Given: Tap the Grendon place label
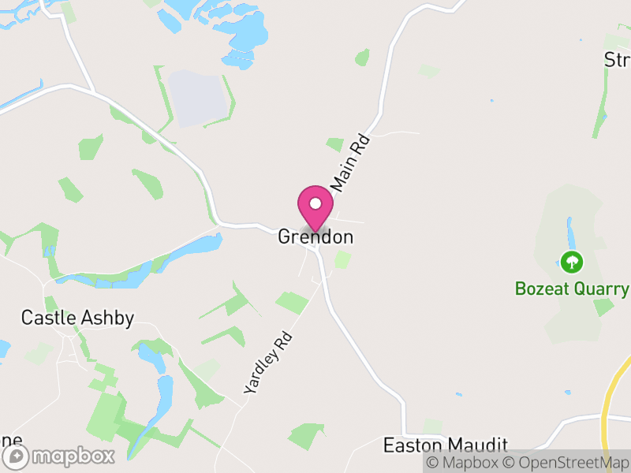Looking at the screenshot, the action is coord(315,237).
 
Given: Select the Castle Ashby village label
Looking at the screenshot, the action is coord(77,318).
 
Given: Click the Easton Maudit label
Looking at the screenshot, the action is coord(445,445).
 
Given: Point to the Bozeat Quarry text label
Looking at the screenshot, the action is coord(572,289).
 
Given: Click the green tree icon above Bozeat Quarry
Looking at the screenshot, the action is coord(571,261).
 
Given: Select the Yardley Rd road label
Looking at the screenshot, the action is coord(268,363).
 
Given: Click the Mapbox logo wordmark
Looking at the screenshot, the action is coord(73,456).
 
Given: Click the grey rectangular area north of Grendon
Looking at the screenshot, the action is coord(196,98).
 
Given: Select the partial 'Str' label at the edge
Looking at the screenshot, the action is coord(617,60).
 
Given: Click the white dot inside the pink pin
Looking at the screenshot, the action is coord(315,203).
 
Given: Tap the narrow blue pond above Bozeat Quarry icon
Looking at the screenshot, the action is coord(569,231).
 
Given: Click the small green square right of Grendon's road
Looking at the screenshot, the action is coord(342,260).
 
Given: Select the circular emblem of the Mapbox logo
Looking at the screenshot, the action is coord(16,456).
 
